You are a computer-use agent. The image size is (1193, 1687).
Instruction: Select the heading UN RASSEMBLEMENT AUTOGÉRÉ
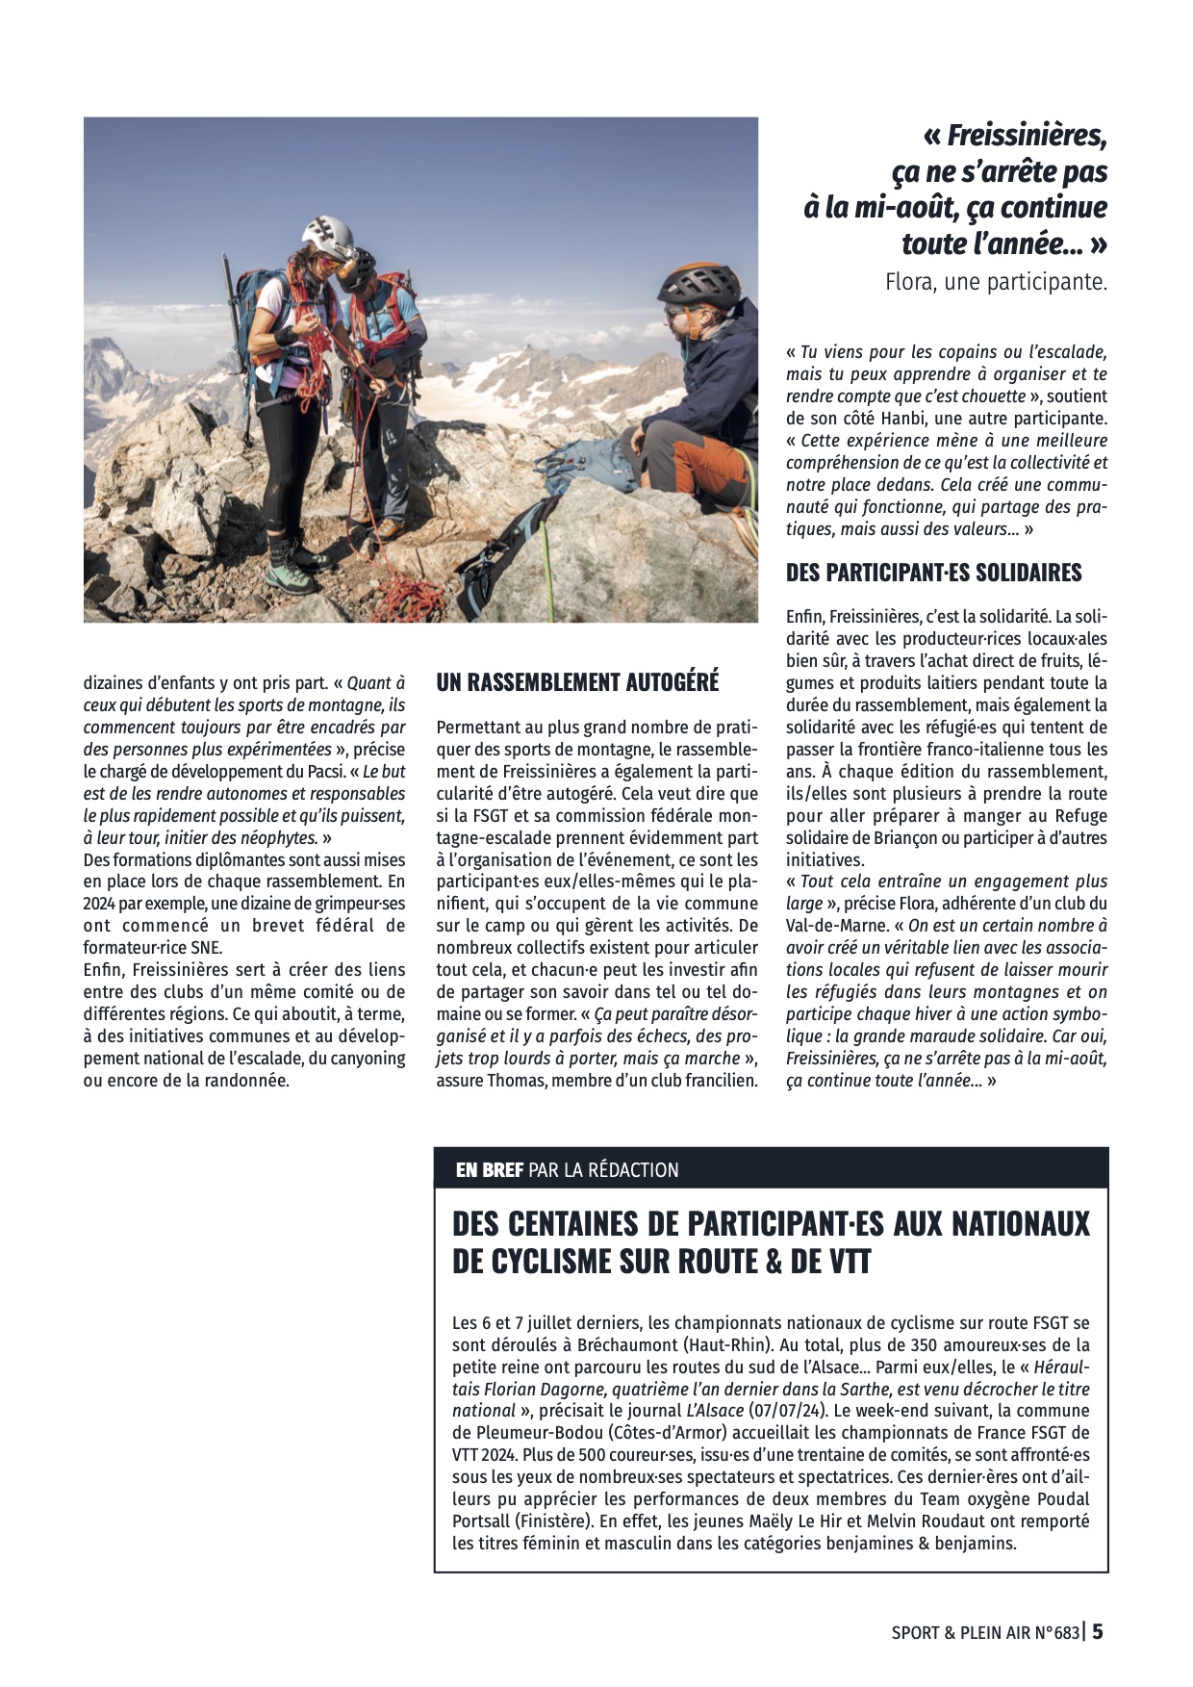point(577,682)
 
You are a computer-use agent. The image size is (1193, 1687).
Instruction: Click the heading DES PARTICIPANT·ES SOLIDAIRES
point(933,573)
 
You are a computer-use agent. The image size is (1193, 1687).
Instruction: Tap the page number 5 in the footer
point(1097,1631)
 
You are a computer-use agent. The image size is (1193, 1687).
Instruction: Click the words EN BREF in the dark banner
point(490,1170)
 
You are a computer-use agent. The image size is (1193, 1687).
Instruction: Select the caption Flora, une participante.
point(996,283)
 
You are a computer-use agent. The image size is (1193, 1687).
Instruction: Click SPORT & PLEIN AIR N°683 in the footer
point(985,1632)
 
